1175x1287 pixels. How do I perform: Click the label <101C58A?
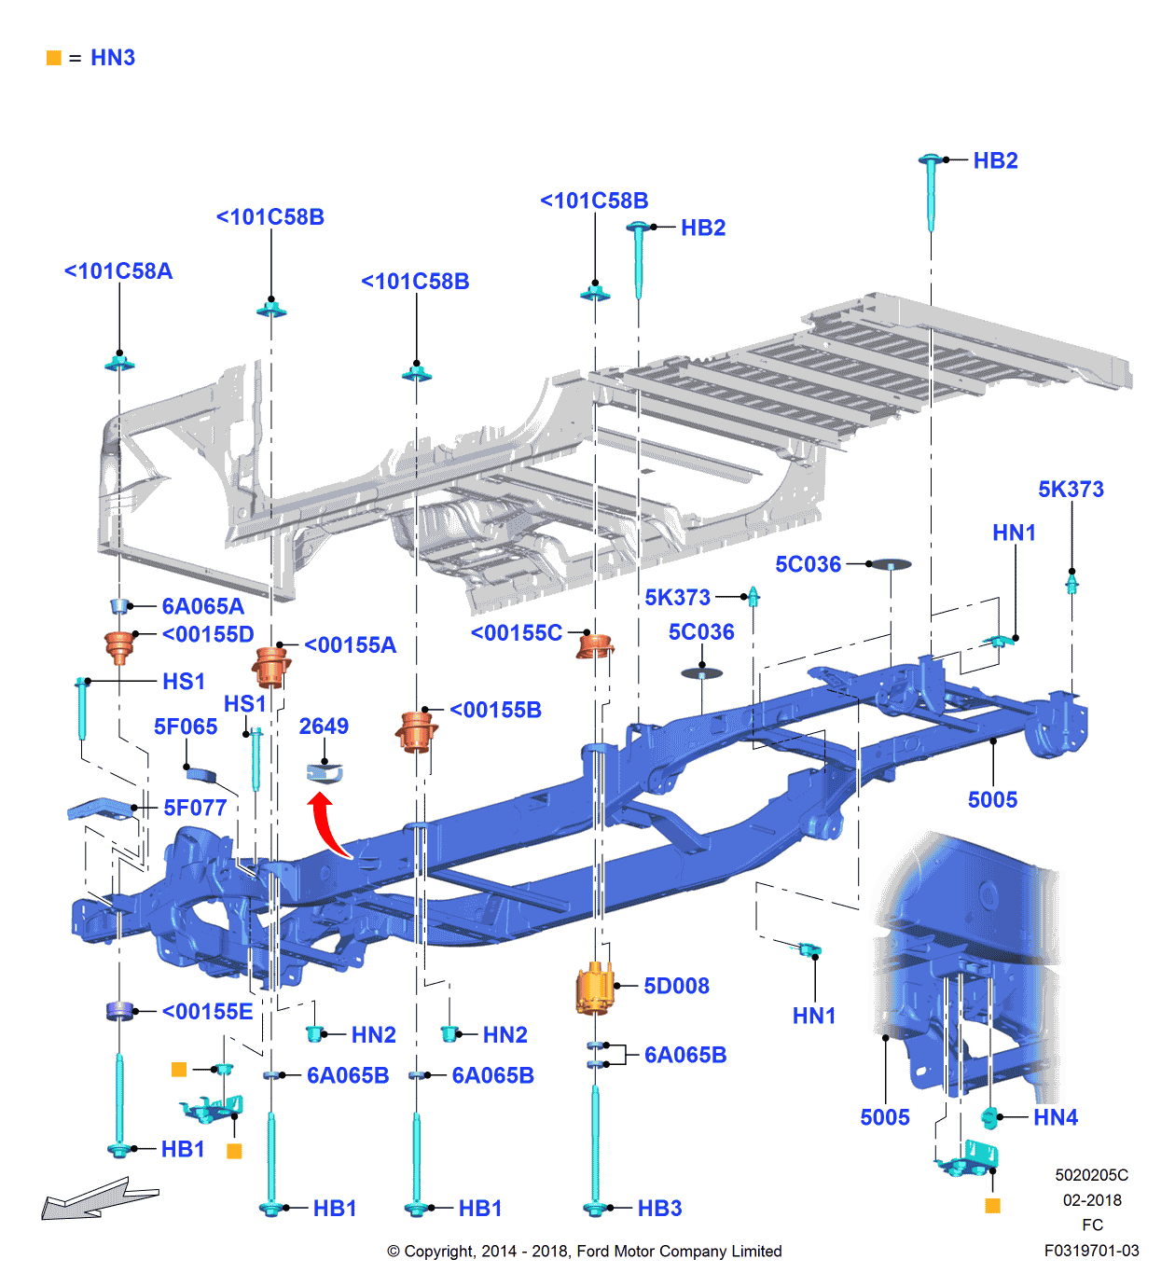tap(118, 271)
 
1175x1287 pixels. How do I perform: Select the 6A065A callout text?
tap(202, 606)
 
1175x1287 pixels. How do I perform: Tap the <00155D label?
tap(207, 635)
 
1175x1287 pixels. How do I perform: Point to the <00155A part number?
tap(350, 645)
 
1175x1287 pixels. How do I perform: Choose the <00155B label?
tap(495, 711)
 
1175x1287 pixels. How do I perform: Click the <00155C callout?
tap(516, 633)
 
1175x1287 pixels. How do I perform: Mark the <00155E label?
tap(207, 1012)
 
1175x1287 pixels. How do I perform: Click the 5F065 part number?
tap(185, 727)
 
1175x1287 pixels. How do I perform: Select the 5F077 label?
tap(195, 809)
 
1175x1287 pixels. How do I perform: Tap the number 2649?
tap(324, 727)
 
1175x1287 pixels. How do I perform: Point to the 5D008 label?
tap(676, 987)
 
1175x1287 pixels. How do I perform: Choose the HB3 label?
tap(659, 1209)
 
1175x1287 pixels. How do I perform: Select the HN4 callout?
tap(1055, 1117)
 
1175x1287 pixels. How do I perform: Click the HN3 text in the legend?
tap(113, 58)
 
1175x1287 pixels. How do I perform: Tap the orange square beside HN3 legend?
tap(54, 58)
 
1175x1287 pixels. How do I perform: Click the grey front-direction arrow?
tap(97, 1199)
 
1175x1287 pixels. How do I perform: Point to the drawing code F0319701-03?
tap(1091, 1251)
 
